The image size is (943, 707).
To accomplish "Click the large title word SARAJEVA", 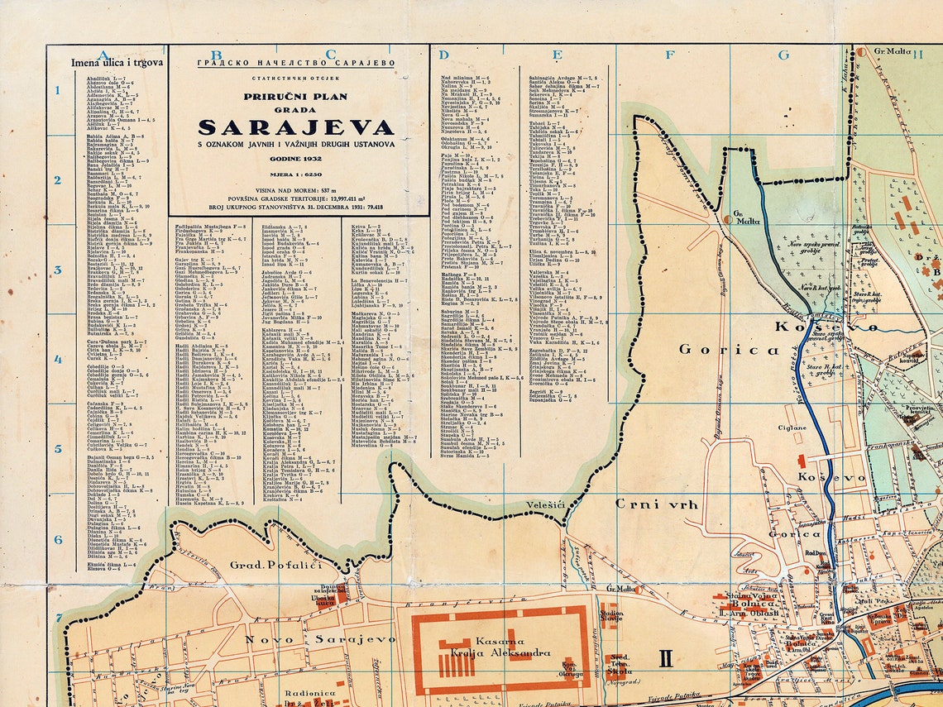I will pos(296,127).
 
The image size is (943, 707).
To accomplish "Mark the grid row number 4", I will pos(58,360).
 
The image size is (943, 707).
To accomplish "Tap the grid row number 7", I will pos(58,618).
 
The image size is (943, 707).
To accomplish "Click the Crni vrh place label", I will pos(657,504).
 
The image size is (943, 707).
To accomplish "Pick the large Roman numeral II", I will pos(666,659).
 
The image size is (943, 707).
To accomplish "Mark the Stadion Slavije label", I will pos(611,616).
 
